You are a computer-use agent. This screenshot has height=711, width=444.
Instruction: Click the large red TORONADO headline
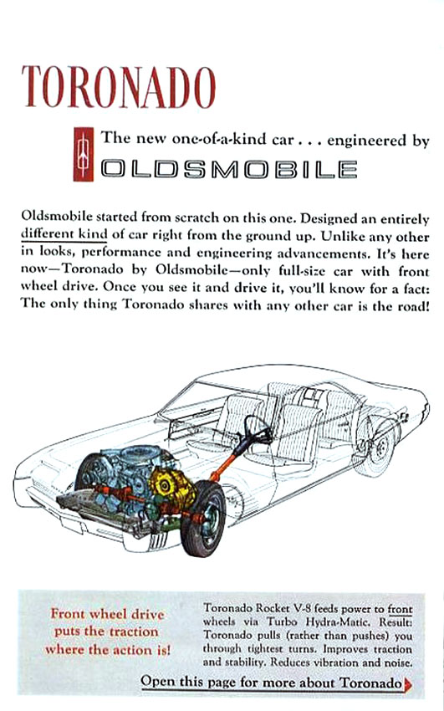click(x=119, y=87)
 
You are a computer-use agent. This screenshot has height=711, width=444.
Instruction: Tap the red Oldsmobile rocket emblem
click(x=84, y=154)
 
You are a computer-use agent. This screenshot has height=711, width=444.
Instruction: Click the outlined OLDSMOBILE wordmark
click(x=229, y=169)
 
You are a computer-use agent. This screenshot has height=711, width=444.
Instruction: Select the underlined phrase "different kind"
click(x=64, y=235)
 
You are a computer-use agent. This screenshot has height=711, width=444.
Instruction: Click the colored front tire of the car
click(x=203, y=519)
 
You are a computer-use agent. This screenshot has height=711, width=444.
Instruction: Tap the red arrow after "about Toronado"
click(x=408, y=683)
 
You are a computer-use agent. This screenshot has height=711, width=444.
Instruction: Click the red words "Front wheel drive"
click(x=107, y=614)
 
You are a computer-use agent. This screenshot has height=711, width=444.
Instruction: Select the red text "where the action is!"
click(x=108, y=649)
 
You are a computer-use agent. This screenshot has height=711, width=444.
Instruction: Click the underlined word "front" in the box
click(x=400, y=609)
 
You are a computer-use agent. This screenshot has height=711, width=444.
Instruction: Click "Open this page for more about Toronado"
click(x=272, y=682)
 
